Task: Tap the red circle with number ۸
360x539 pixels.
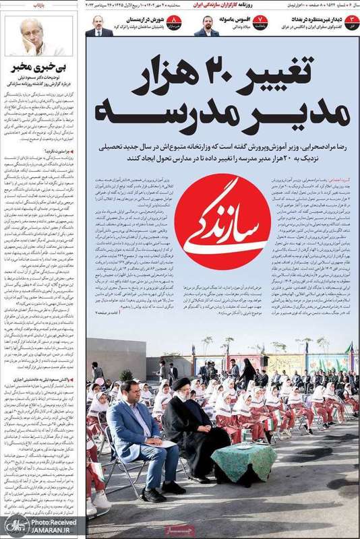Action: pos(175,24)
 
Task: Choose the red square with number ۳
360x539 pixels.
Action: pos(349,24)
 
